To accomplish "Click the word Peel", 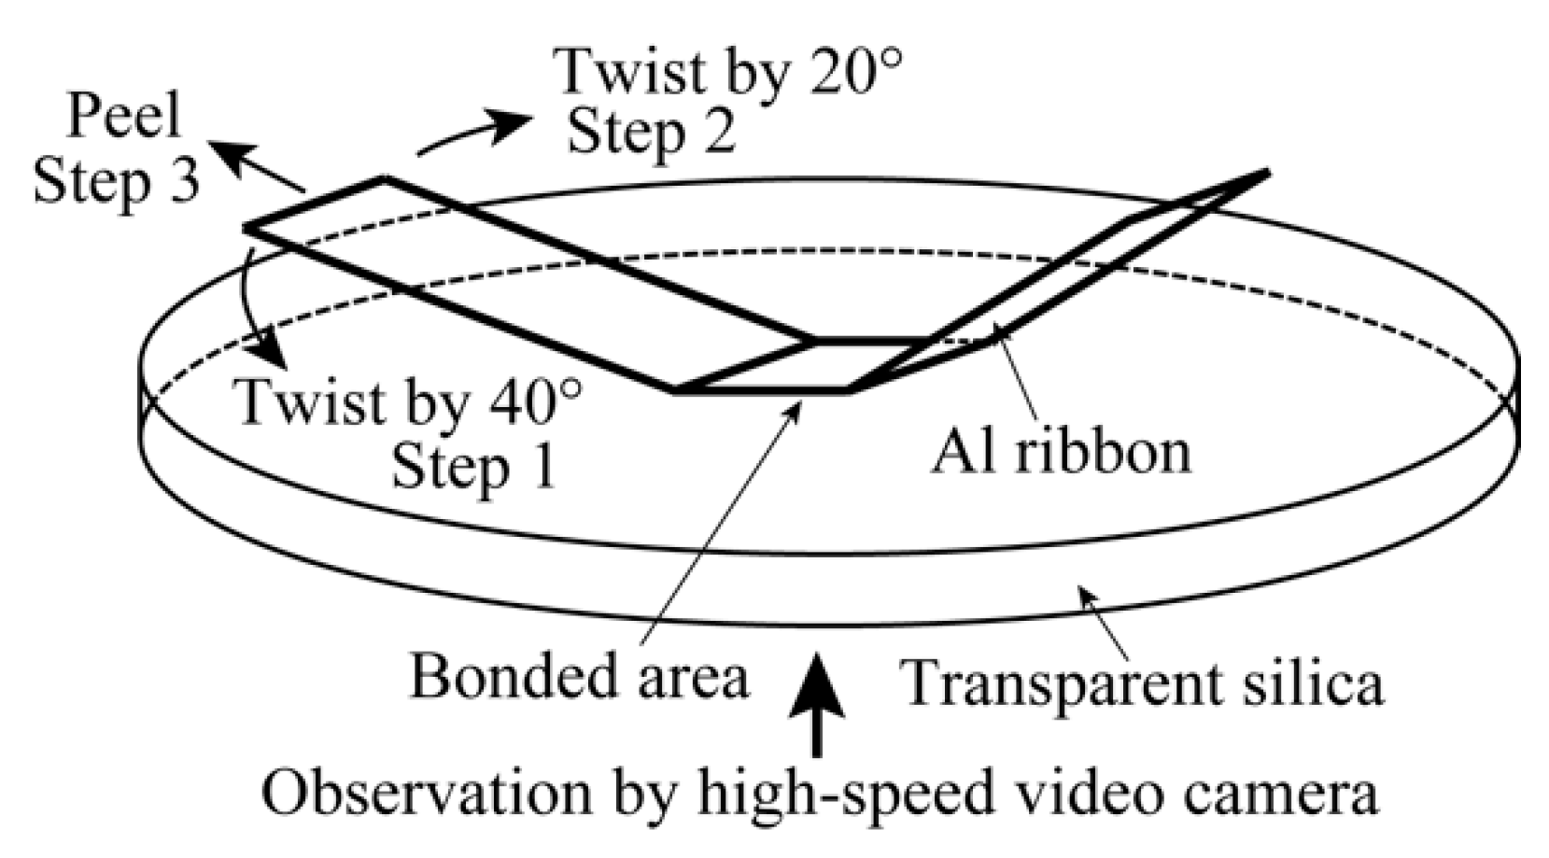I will (x=124, y=119).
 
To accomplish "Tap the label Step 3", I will (x=117, y=181).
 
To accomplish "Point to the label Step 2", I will (x=651, y=133).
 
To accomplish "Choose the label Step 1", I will (x=473, y=467).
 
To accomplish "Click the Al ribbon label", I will (x=1061, y=453).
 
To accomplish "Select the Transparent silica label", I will (x=1143, y=683).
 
